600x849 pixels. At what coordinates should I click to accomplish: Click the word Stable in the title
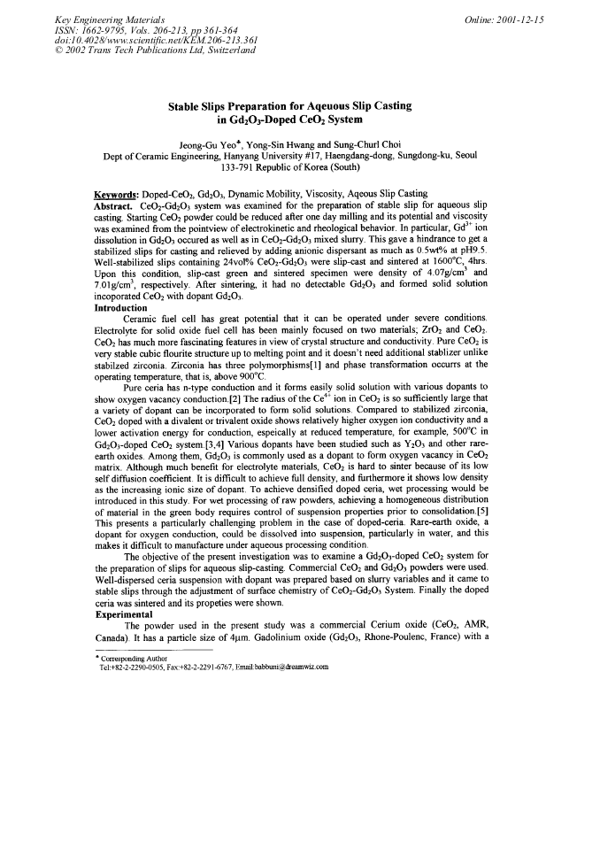[x=185, y=106]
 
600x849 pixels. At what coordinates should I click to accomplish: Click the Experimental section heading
[x=123, y=613]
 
